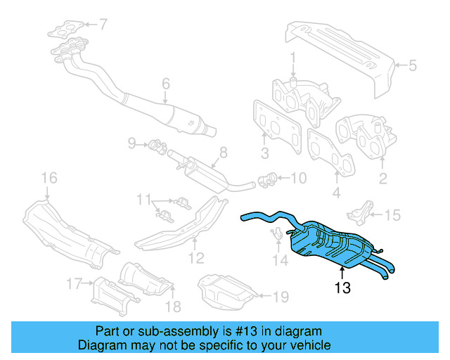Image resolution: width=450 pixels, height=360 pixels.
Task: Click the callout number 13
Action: (x=342, y=287)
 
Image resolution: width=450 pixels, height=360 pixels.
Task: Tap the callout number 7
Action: (x=103, y=25)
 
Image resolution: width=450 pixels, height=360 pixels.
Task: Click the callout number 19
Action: (x=280, y=297)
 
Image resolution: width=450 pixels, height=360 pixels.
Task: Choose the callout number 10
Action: (x=298, y=179)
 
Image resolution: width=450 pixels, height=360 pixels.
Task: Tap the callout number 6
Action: (x=166, y=84)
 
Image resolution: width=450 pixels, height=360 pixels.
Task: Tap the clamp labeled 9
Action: (x=157, y=146)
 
